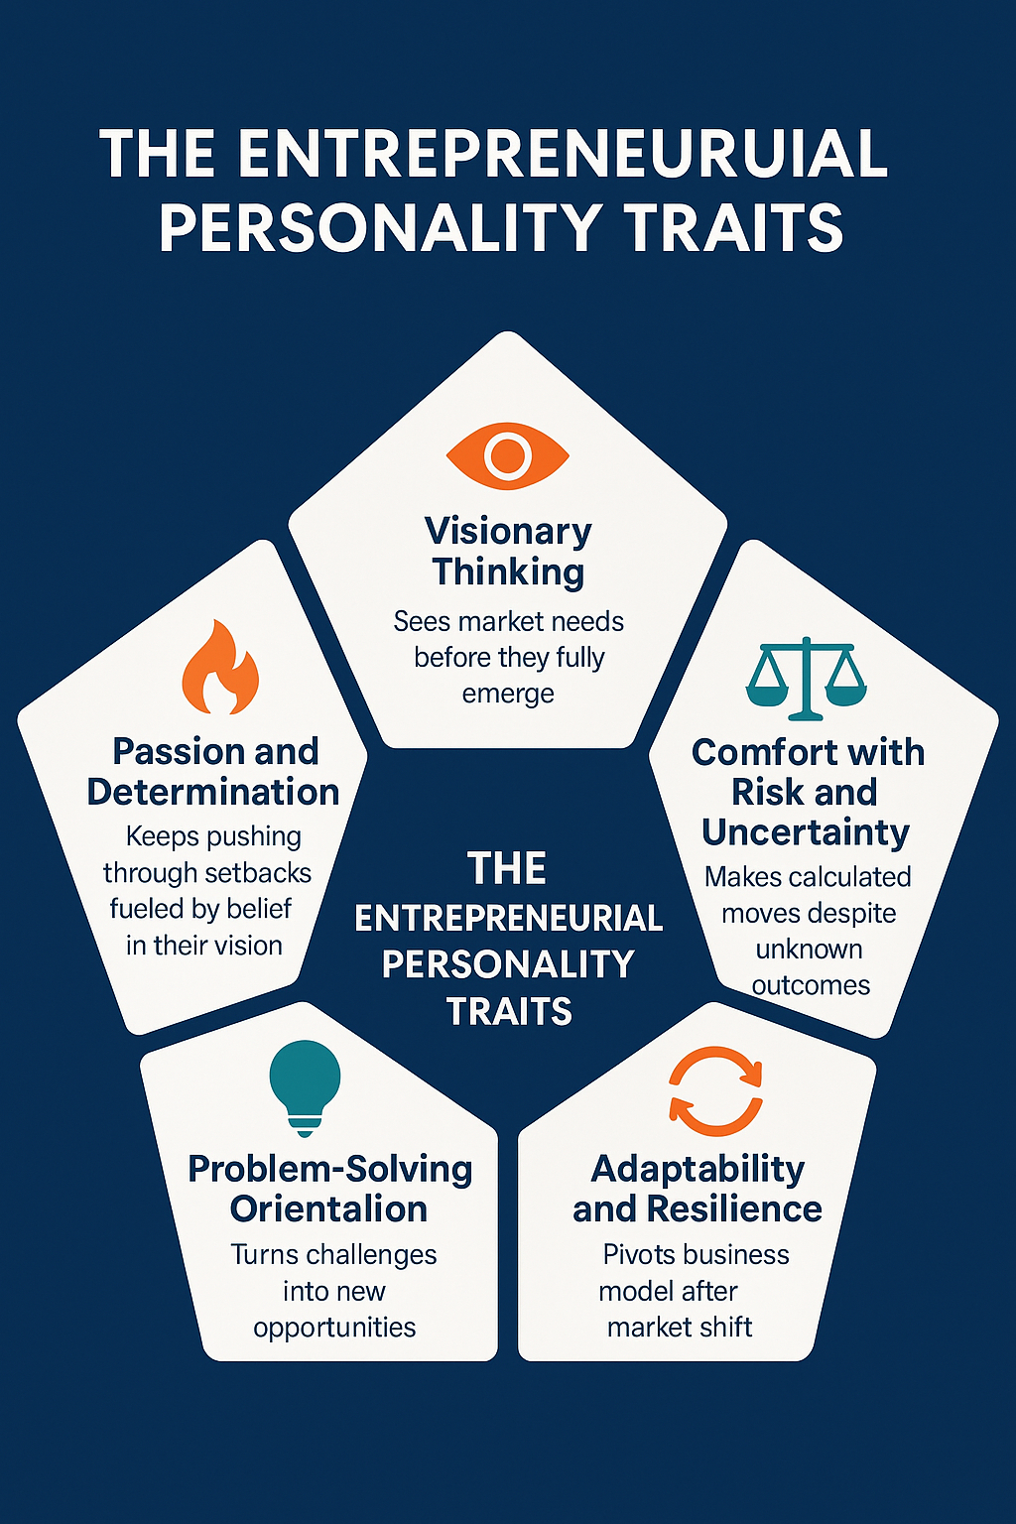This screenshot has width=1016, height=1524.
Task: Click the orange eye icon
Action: (x=508, y=455)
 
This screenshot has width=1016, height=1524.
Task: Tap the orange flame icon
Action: (x=219, y=669)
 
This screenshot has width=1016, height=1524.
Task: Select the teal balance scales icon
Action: (x=806, y=679)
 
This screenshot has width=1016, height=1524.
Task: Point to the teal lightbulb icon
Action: (x=305, y=1087)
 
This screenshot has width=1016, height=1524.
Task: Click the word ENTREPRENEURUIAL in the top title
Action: (x=562, y=155)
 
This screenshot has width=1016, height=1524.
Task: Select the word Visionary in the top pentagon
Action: (x=508, y=532)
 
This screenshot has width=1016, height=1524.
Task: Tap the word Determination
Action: (x=213, y=792)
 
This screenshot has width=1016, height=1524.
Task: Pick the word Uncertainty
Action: (x=806, y=832)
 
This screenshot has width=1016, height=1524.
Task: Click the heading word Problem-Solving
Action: (x=330, y=1169)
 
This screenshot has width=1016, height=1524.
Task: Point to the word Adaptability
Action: (x=698, y=1169)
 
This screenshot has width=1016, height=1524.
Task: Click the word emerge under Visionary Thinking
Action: (x=508, y=694)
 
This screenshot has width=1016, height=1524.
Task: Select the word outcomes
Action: (x=811, y=985)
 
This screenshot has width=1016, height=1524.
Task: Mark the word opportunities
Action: (x=334, y=1328)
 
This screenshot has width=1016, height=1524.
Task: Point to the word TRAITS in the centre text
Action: (x=509, y=1012)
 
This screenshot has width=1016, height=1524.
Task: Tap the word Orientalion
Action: (x=328, y=1209)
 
